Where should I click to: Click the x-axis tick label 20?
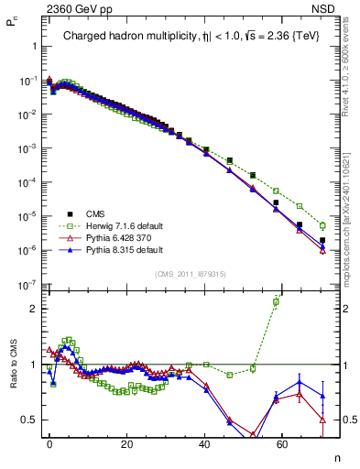pos(127,442)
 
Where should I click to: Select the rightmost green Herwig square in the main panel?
pos(322,225)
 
